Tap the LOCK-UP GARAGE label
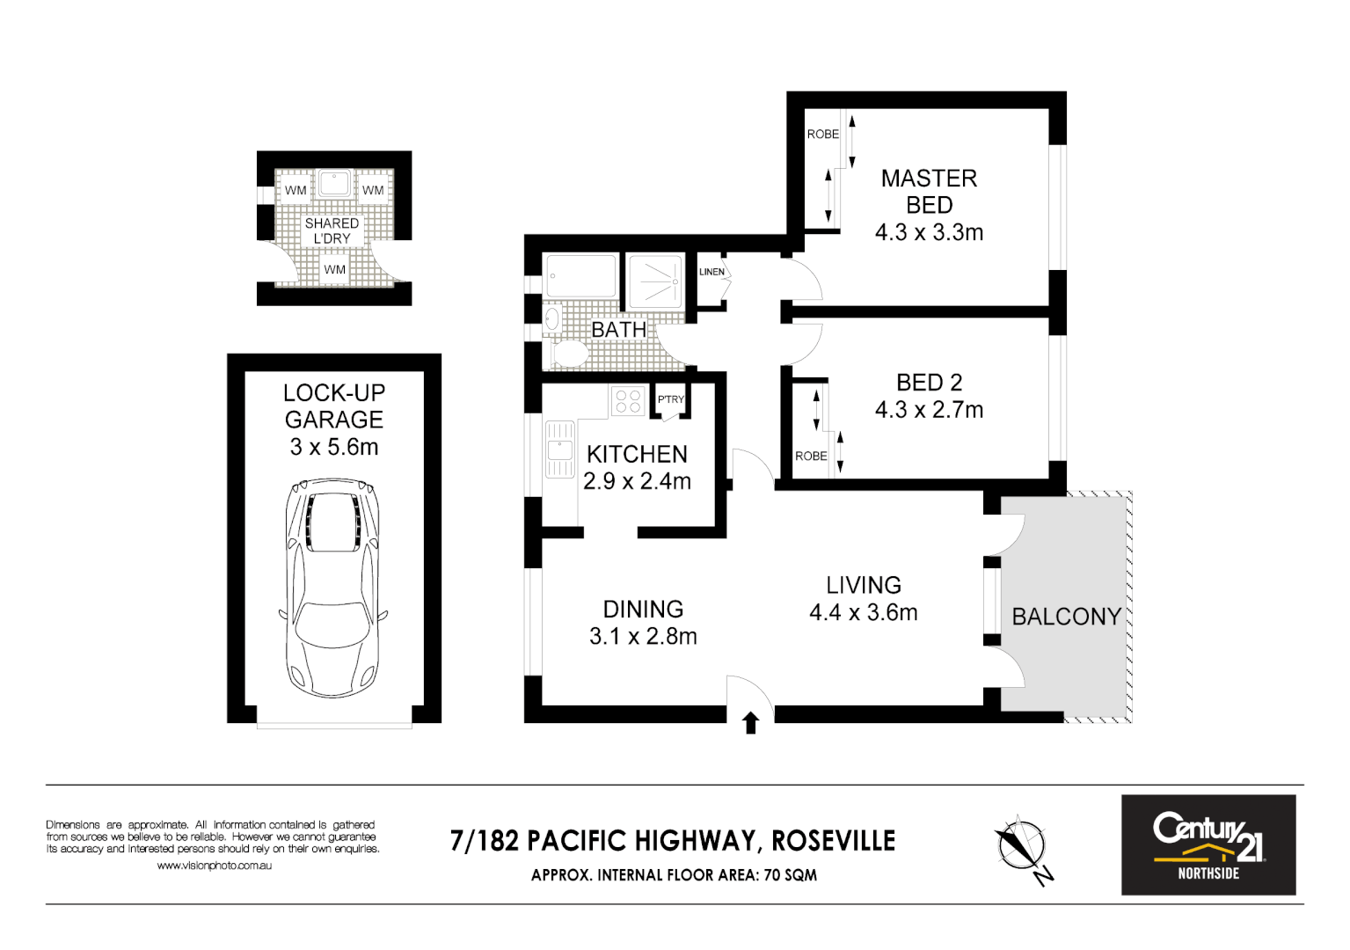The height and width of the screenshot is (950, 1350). coord(334,406)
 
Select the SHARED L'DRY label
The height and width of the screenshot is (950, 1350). coord(332,230)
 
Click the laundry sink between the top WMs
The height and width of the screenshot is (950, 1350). coord(334,184)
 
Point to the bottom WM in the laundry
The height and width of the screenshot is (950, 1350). coord(334,269)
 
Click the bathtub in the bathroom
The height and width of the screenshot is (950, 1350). coord(580,276)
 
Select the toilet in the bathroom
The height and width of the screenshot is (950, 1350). coord(569,354)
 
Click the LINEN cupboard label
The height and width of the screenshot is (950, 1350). coord(711,272)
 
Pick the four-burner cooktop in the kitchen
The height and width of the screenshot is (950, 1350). coord(628,401)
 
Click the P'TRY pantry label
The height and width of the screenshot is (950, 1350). coord(671,399)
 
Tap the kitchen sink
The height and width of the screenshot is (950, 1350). coord(559,449)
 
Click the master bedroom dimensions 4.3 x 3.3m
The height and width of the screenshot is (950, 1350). coord(929,232)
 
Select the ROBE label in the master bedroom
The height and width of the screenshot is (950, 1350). coord(823,134)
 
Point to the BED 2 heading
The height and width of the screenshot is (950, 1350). coord(929,383)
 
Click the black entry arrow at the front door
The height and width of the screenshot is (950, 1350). coord(750,723)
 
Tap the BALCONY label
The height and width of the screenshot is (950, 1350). coord(1066,617)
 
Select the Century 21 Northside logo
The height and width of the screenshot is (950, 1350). coord(1208,844)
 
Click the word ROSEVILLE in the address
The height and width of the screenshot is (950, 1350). coord(833,841)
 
